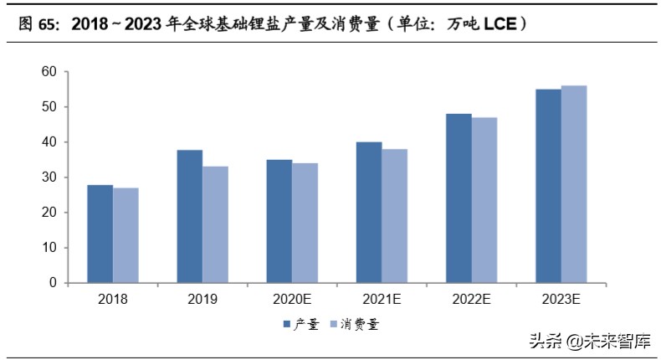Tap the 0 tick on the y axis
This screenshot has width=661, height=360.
click(x=52, y=283)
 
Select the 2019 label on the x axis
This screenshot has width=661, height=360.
click(x=202, y=299)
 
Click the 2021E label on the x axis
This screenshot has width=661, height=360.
click(x=382, y=299)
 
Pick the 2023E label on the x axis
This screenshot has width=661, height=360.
click(x=561, y=299)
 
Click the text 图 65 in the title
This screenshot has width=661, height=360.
click(x=37, y=24)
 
